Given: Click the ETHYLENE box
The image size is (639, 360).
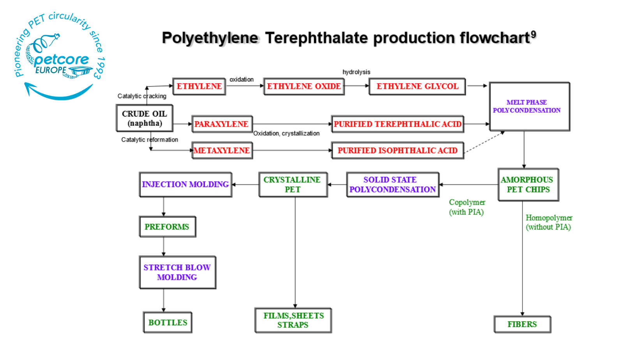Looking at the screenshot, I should [x=199, y=86].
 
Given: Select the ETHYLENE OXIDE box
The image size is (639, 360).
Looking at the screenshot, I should [x=304, y=86].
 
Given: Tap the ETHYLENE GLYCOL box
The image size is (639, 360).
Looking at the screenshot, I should [x=417, y=86].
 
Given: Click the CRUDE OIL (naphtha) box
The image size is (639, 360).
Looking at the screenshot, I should [x=145, y=118].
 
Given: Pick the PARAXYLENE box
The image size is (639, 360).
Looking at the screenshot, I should [x=222, y=124].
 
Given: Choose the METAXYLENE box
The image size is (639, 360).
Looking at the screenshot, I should [x=222, y=150].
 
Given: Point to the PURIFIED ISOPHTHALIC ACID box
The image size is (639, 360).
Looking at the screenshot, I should [x=397, y=150].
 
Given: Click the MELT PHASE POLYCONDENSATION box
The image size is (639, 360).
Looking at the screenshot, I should [x=529, y=106].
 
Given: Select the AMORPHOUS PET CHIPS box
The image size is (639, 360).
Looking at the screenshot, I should [x=528, y=185].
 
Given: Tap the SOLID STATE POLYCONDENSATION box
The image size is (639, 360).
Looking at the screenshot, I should [x=392, y=185].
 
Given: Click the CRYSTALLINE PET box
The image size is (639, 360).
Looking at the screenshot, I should [x=293, y=185].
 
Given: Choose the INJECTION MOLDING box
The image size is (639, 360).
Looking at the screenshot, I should [x=185, y=185].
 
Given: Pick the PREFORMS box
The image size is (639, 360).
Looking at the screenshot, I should [x=167, y=227].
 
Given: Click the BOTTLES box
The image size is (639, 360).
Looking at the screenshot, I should [x=168, y=323].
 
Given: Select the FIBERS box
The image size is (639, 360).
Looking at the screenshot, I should [x=522, y=325].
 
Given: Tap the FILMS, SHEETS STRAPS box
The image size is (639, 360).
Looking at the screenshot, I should [x=293, y=320].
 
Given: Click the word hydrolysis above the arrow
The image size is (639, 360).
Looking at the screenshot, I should [x=356, y=72].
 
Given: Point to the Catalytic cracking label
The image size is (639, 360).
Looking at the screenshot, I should [x=142, y=96].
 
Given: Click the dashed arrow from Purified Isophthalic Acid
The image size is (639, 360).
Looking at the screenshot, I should [x=484, y=142].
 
